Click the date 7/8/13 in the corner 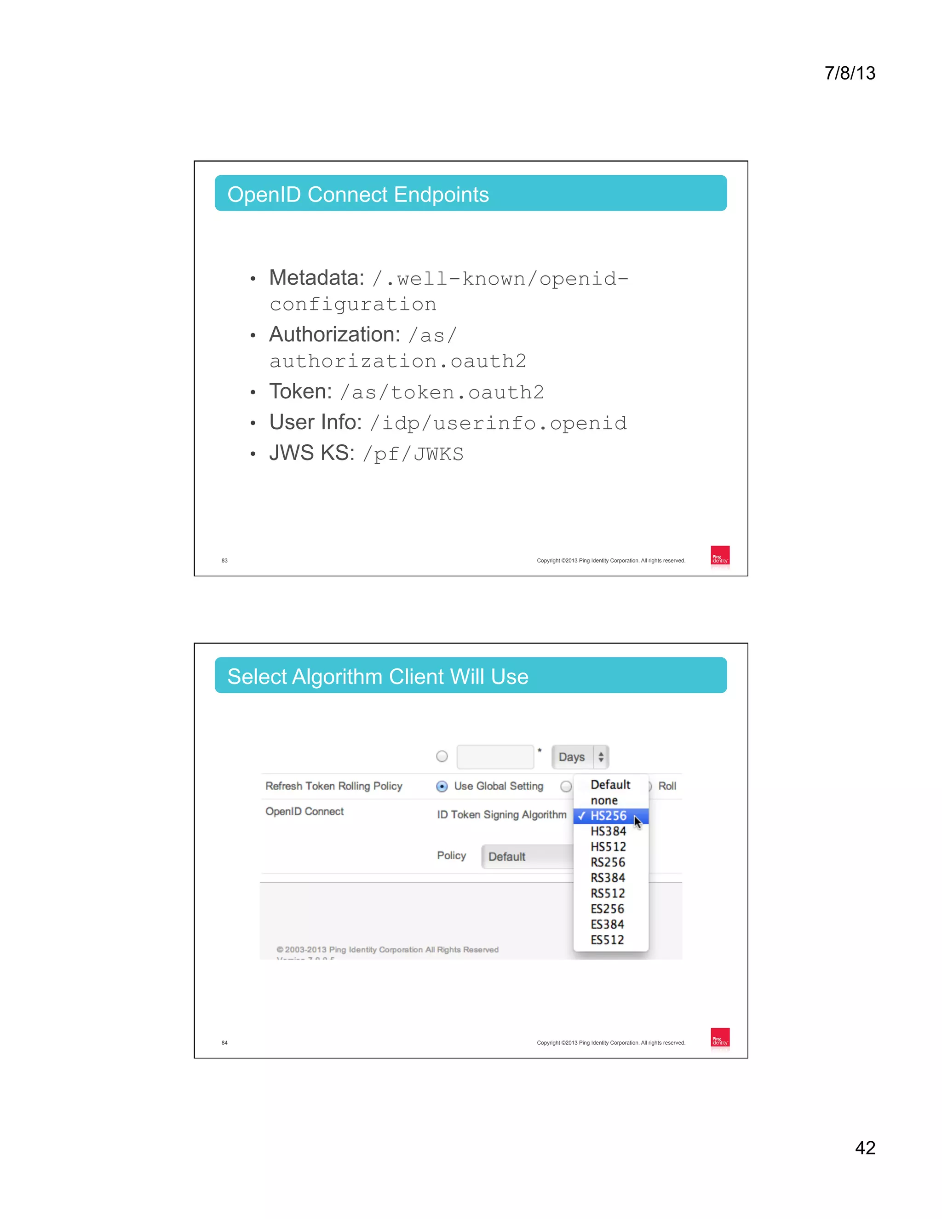tap(850, 73)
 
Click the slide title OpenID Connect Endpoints tap(358, 194)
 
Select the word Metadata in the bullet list tap(316, 277)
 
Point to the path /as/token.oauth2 tap(442, 392)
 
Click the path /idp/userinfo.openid tap(498, 423)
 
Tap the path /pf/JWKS tap(413, 454)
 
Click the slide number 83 tap(224, 560)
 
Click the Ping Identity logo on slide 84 tap(720, 1038)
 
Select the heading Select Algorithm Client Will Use tap(377, 677)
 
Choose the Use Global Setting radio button tap(442, 787)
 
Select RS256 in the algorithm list tap(608, 862)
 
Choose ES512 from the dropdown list tap(607, 940)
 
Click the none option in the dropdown tap(604, 800)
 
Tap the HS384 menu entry tap(608, 832)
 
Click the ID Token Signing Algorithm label tap(501, 815)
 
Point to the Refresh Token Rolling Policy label tap(334, 786)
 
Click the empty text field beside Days tap(495, 757)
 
